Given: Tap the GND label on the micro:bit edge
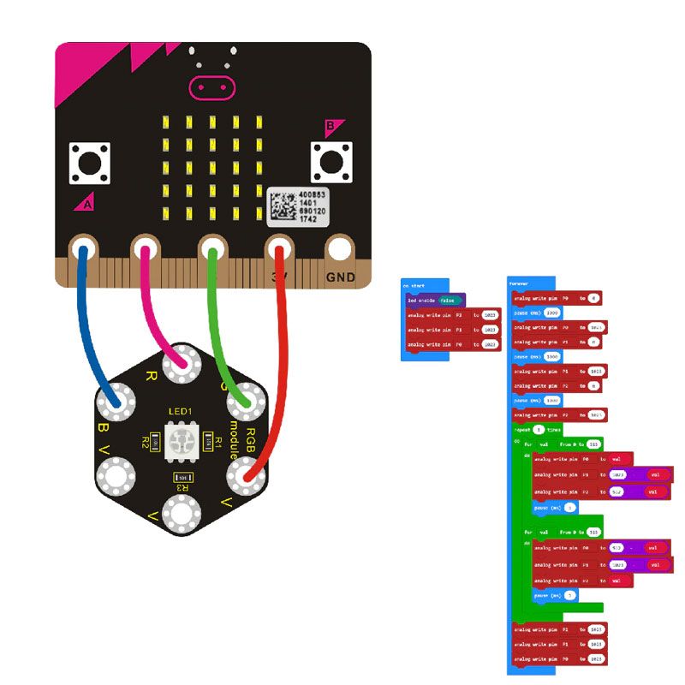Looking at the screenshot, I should click(x=340, y=277).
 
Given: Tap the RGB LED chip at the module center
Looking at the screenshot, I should click(x=181, y=440).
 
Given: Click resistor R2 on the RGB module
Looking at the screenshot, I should click(x=155, y=441).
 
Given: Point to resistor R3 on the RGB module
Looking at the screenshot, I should click(x=181, y=476).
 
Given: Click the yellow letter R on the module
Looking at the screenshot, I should click(x=152, y=375).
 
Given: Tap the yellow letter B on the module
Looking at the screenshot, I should click(x=104, y=427).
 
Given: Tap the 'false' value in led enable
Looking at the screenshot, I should click(x=448, y=301).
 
